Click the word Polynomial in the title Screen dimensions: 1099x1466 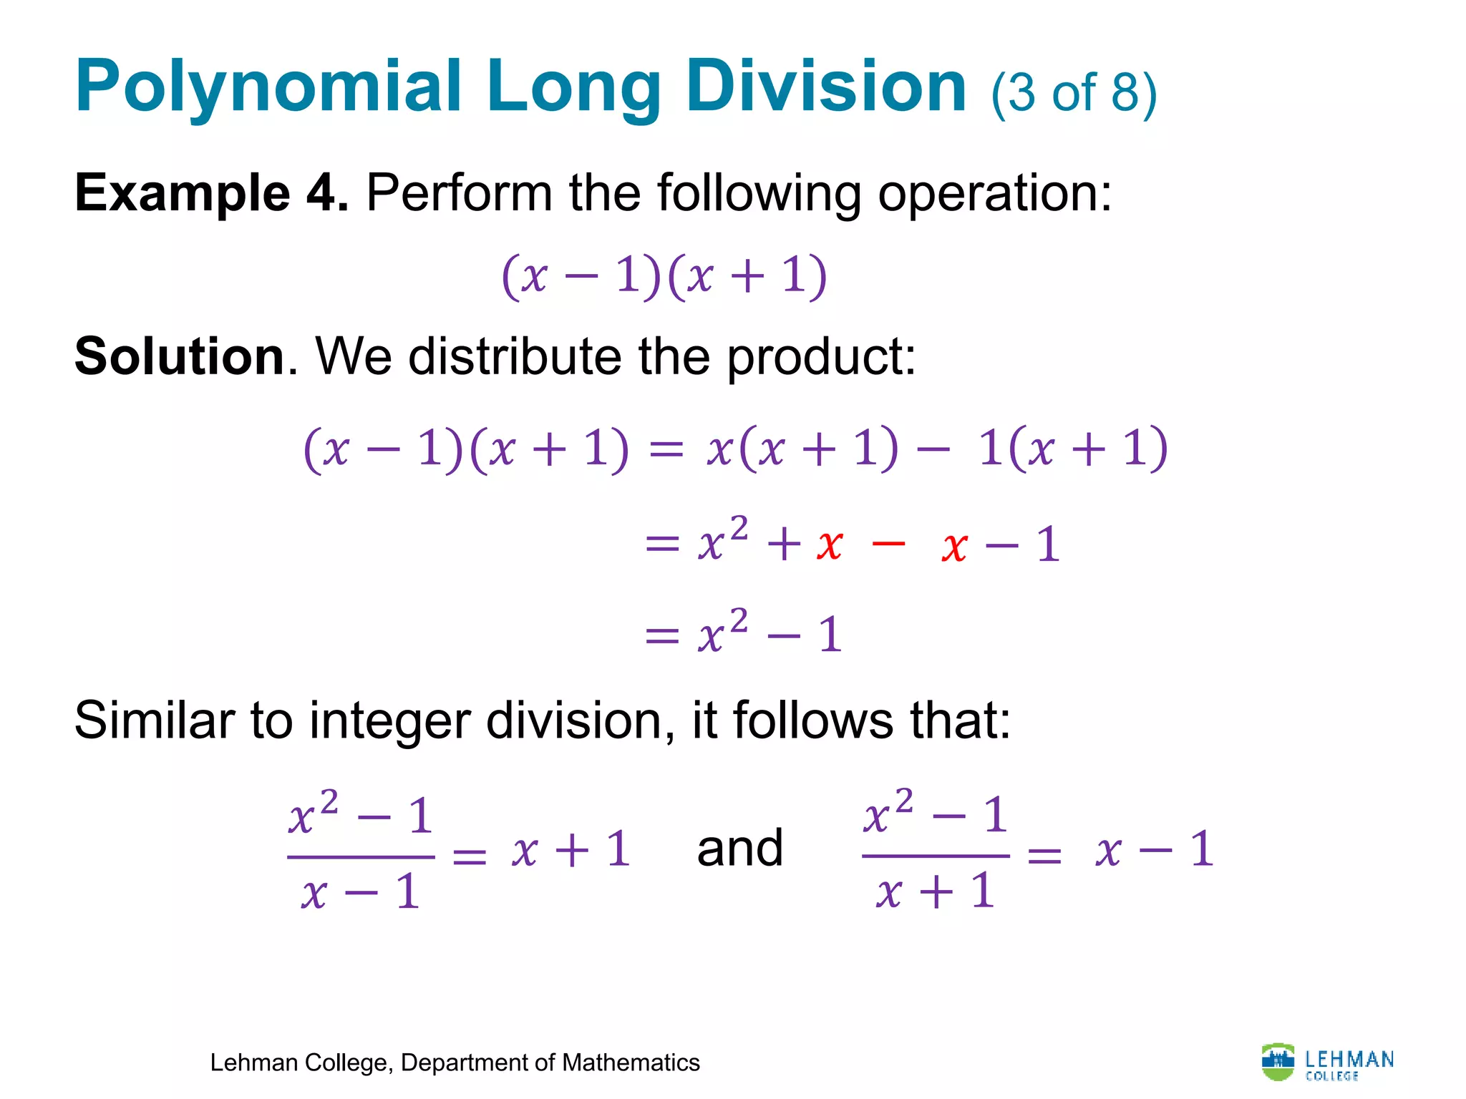pyautogui.click(x=268, y=87)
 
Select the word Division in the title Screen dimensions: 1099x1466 pyautogui.click(x=827, y=87)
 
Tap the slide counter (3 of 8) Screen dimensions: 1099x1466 pyautogui.click(x=1073, y=93)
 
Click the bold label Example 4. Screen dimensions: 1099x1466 pyautogui.click(x=211, y=193)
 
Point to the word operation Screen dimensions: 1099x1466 pyautogui.click(x=994, y=193)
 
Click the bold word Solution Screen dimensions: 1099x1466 pyautogui.click(x=180, y=356)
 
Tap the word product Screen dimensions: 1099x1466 pyautogui.click(x=820, y=356)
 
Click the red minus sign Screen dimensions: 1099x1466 pyautogui.click(x=889, y=544)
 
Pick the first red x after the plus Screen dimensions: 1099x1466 pyautogui.click(x=830, y=545)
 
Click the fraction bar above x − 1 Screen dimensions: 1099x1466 pyautogui.click(x=361, y=856)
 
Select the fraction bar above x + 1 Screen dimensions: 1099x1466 pyautogui.click(x=936, y=856)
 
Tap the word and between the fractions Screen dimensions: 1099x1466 pyautogui.click(x=740, y=849)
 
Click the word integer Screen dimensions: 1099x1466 pyautogui.click(x=389, y=720)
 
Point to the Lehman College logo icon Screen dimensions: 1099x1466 pyautogui.click(x=1278, y=1062)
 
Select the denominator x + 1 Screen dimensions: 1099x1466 pyautogui.click(x=936, y=892)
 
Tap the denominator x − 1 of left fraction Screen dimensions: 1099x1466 pyautogui.click(x=361, y=893)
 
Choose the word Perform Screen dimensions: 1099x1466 pyautogui.click(x=459, y=193)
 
